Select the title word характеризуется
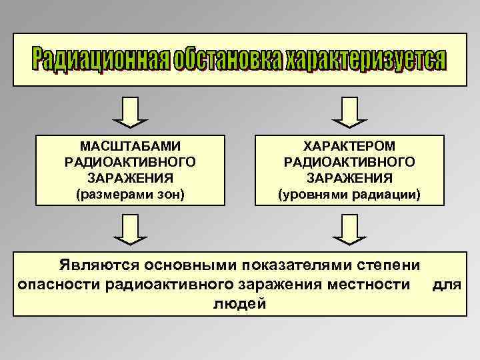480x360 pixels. click(365, 60)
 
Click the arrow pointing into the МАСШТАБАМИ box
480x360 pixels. click(130, 112)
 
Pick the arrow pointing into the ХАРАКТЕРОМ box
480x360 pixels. click(349, 112)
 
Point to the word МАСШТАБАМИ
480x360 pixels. click(130, 145)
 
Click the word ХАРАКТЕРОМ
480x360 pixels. click(349, 145)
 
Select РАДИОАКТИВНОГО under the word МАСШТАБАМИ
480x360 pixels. click(130, 162)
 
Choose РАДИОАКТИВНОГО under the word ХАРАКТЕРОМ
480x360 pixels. click(349, 162)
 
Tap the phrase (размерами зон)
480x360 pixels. click(130, 195)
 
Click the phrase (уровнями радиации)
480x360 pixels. click(349, 195)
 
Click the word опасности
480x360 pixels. click(59, 285)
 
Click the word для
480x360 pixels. click(447, 285)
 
